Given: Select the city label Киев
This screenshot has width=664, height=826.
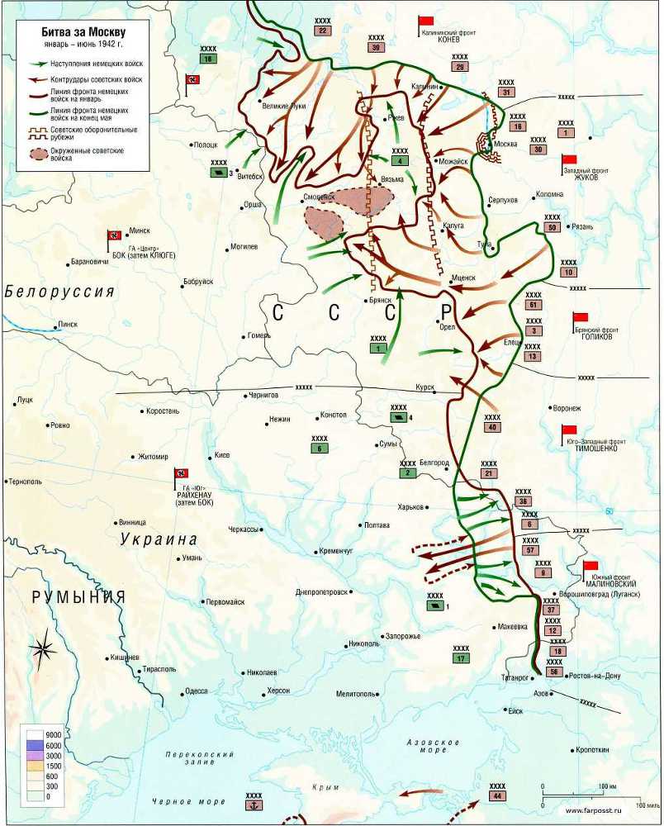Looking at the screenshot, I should [x=222, y=455].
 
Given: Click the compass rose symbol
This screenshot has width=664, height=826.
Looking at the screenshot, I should [x=43, y=650].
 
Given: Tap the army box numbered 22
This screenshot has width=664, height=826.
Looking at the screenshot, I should [x=323, y=31].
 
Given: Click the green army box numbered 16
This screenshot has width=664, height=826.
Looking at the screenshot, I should [x=207, y=59].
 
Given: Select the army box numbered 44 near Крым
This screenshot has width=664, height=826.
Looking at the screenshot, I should [x=496, y=795].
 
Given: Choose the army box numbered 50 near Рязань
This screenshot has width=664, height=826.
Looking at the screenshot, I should [x=552, y=227].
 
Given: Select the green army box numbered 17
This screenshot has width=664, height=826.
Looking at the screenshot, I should [x=461, y=658].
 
